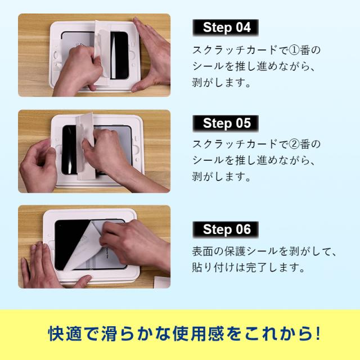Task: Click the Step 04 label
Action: click(x=226, y=28)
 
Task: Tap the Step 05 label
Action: click(x=226, y=123)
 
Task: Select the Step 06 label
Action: click(x=226, y=229)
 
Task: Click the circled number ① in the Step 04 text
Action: click(x=294, y=50)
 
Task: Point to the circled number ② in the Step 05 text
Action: click(x=294, y=144)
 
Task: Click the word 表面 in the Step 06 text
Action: click(x=202, y=251)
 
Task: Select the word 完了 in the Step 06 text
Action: click(x=256, y=268)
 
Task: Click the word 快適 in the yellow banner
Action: click(x=65, y=334)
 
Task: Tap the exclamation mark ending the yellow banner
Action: click(x=317, y=334)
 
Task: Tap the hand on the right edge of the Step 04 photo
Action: click(x=151, y=55)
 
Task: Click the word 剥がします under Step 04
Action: click(x=221, y=83)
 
